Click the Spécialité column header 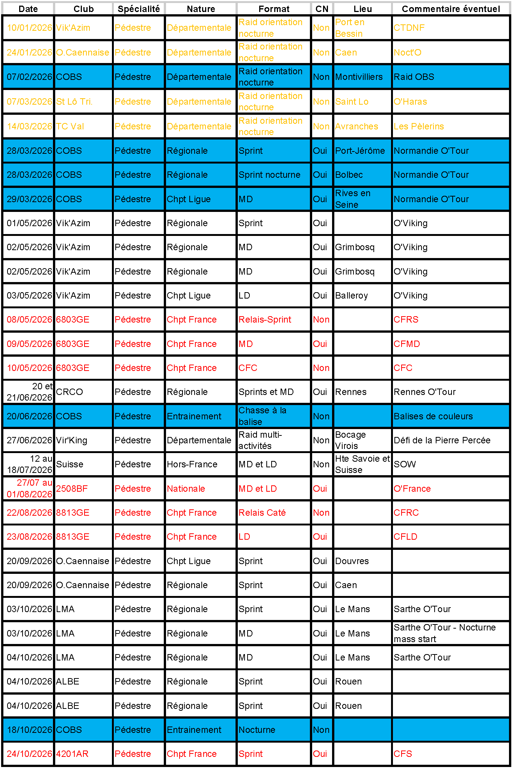click(139, 9)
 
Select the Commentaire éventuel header click(450, 9)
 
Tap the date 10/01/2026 click(29, 28)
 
